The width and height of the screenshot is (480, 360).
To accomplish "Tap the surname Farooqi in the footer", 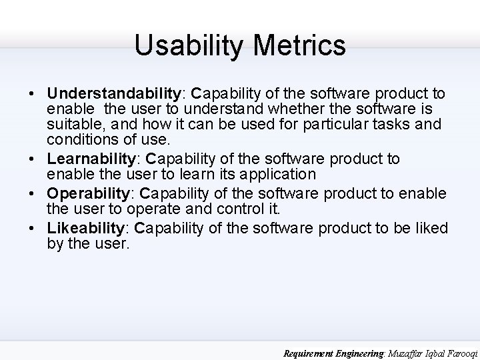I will tap(460, 353).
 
